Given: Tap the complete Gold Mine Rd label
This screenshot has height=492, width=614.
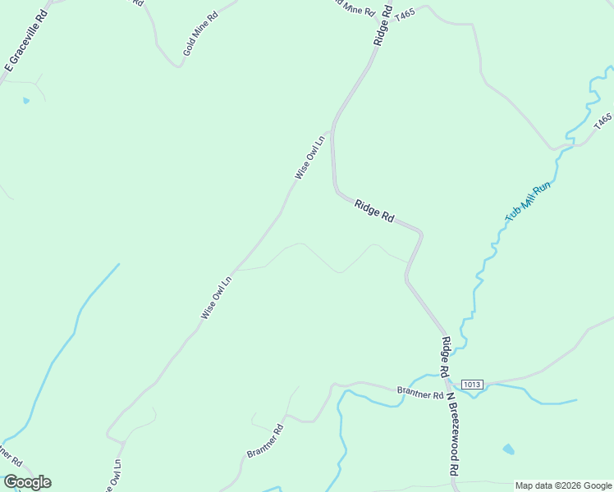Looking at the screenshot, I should coord(200,34).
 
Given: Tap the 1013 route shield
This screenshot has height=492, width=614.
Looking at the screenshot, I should coord(471,385).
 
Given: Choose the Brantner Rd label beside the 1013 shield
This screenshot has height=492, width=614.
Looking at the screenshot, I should coord(414,391).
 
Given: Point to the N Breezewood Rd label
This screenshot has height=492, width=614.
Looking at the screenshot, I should coord(451,435).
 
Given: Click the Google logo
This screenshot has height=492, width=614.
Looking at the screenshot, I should coord(27,482).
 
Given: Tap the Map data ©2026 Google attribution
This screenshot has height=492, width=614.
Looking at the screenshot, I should coord(563,485).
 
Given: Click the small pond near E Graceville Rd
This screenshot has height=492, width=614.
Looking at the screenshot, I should coord(26,101).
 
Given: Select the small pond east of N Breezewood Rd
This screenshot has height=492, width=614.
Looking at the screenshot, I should coord(509,449).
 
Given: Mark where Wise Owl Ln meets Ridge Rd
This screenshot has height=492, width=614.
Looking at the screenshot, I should coord(331,131).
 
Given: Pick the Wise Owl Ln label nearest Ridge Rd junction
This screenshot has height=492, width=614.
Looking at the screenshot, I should coord(310,157).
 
